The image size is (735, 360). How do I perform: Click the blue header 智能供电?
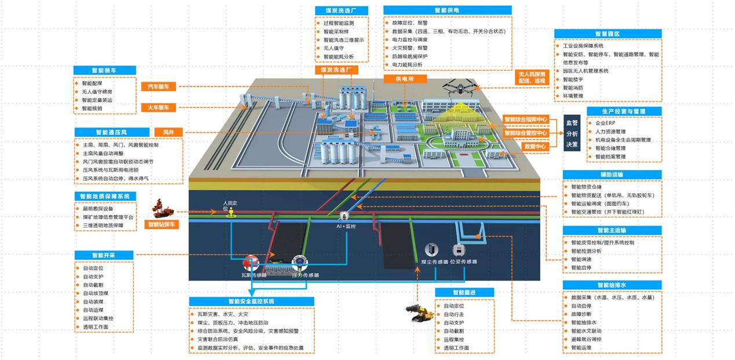[x=447, y=10]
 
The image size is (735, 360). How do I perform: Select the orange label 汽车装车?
[x=158, y=86]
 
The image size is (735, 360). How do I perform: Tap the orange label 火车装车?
[x=158, y=108]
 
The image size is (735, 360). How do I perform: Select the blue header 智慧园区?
[x=607, y=34]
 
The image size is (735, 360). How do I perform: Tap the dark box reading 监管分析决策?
[x=572, y=133]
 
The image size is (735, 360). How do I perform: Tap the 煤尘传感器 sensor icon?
[x=430, y=249]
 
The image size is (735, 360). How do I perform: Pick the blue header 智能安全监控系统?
[x=251, y=301]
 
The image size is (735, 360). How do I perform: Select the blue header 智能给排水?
[x=612, y=285]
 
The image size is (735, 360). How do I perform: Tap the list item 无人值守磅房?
[x=97, y=92]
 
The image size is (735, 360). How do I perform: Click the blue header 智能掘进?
[x=464, y=293]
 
